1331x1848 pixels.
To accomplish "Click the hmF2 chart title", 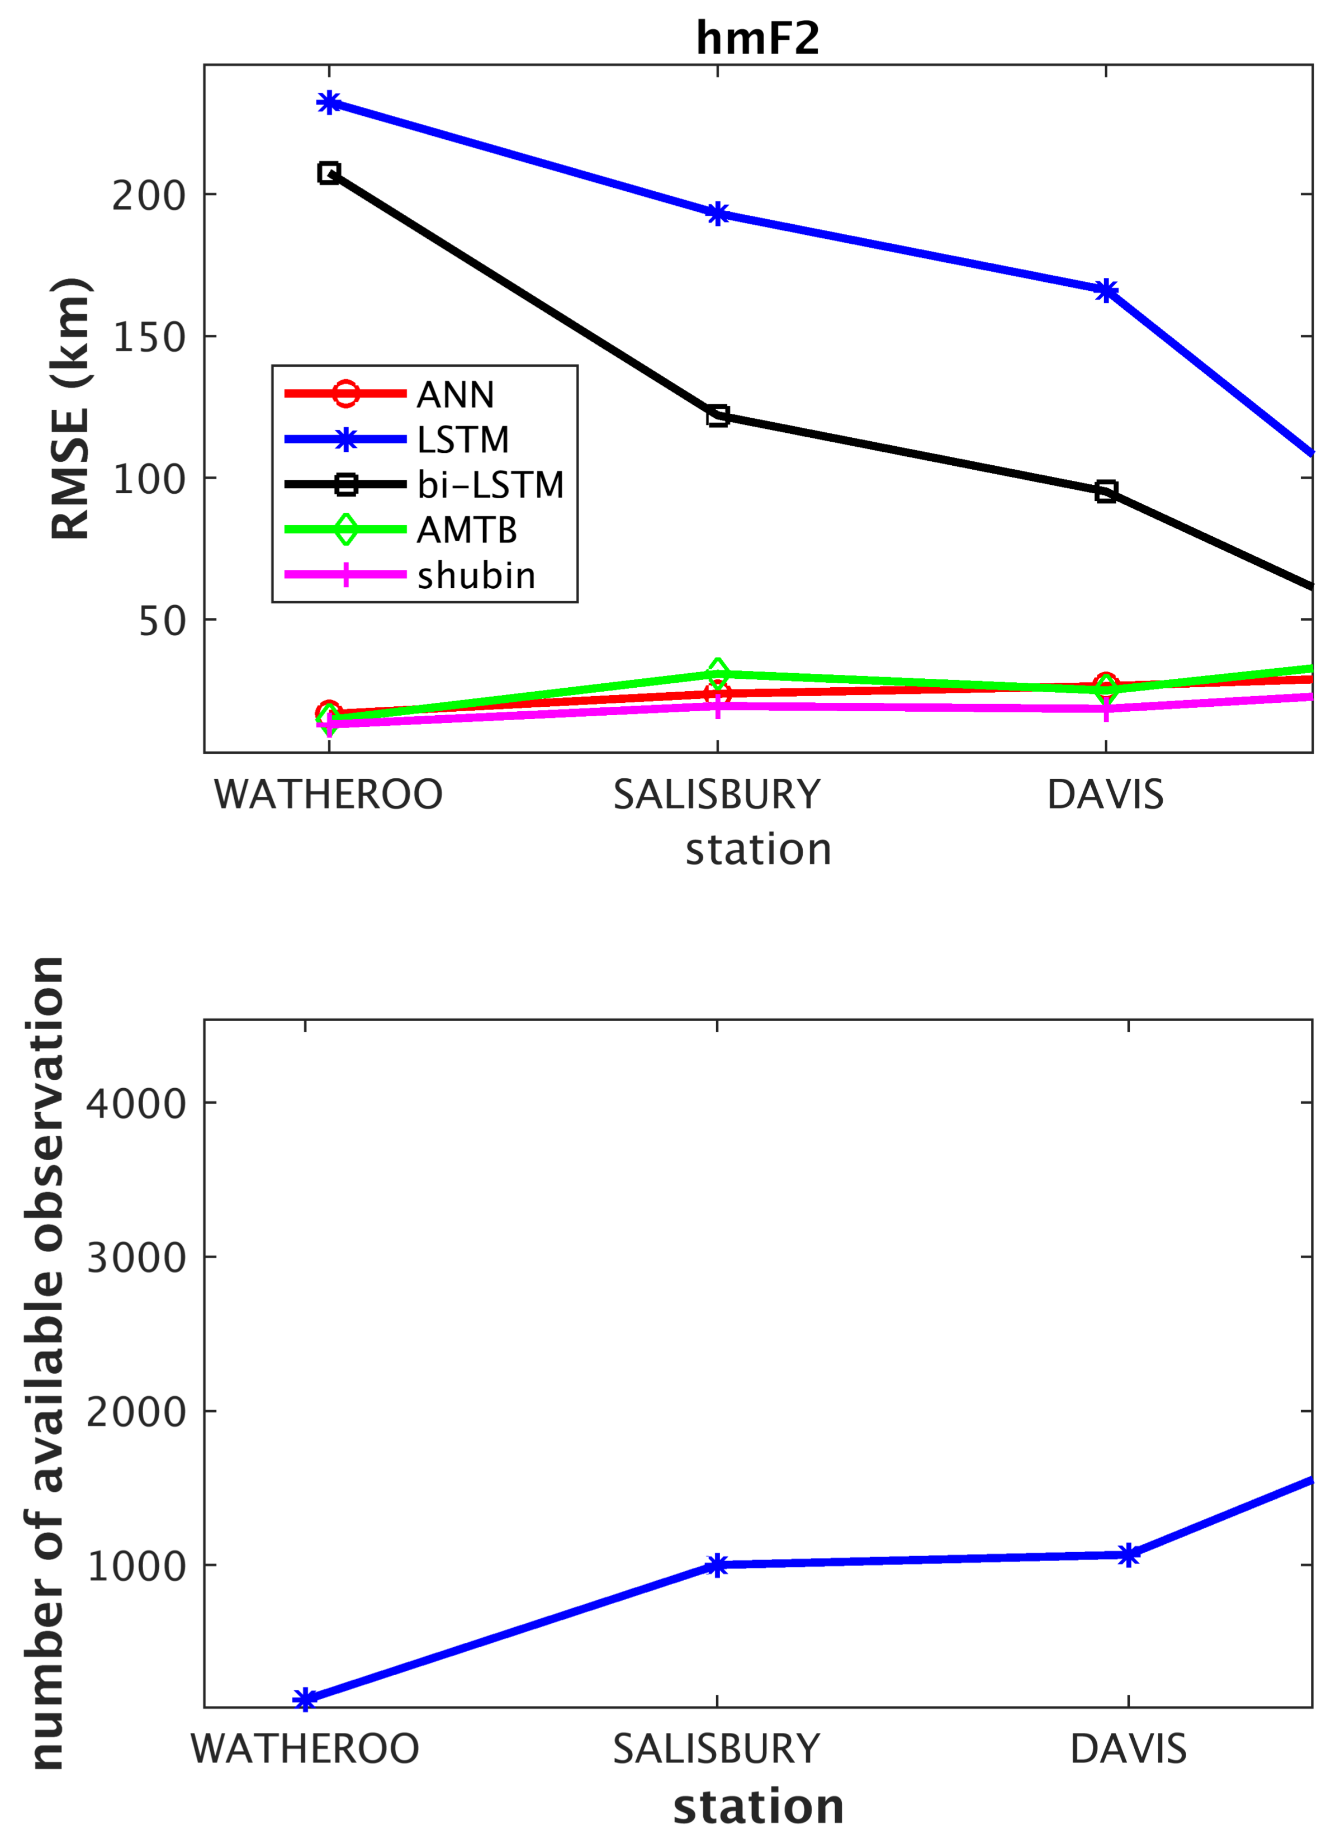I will (x=757, y=37).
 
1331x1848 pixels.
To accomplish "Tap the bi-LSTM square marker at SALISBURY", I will (x=717, y=415).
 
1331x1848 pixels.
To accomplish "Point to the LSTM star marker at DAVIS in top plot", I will (x=1105, y=290).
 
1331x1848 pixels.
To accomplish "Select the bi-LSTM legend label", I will (x=490, y=485).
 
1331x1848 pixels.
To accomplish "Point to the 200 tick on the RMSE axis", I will (x=149, y=196).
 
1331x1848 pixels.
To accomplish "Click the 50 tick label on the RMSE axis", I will (x=162, y=621).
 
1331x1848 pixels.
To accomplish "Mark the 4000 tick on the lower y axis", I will (x=136, y=1103).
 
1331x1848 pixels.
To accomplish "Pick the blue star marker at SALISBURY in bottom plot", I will (x=717, y=1565).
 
